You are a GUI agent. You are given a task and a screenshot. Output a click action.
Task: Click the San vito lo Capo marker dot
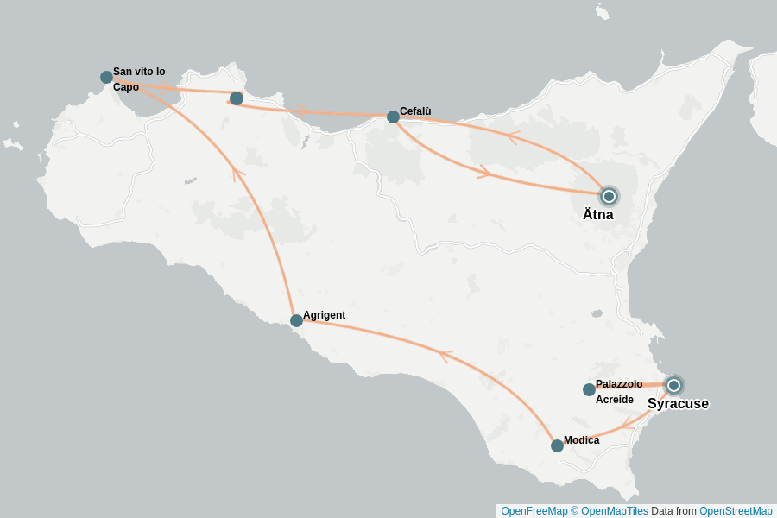click(106, 77)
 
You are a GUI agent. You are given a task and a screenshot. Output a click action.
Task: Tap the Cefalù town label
click(415, 111)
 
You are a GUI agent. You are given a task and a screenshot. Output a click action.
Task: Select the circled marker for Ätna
click(609, 196)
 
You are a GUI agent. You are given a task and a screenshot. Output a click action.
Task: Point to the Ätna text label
click(597, 215)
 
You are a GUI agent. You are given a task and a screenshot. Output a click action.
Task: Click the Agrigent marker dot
click(296, 320)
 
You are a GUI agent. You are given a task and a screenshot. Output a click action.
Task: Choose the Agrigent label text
click(324, 315)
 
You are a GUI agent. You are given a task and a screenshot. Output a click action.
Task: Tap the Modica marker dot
click(557, 445)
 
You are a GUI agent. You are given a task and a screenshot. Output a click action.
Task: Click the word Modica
click(581, 440)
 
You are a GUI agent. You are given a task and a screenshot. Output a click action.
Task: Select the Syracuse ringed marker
click(673, 385)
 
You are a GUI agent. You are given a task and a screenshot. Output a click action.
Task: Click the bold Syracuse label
click(678, 404)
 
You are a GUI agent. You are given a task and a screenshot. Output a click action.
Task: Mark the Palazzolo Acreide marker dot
click(589, 389)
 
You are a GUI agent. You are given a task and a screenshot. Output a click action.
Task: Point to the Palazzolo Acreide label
click(618, 392)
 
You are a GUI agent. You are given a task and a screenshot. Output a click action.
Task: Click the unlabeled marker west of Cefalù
click(236, 98)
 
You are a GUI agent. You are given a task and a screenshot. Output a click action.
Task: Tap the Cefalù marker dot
click(393, 117)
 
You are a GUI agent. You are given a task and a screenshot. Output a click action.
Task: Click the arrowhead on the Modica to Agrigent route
click(445, 355)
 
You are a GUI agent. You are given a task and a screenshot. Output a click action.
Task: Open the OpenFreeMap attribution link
click(534, 511)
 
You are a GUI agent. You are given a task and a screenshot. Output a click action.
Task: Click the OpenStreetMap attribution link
click(736, 511)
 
